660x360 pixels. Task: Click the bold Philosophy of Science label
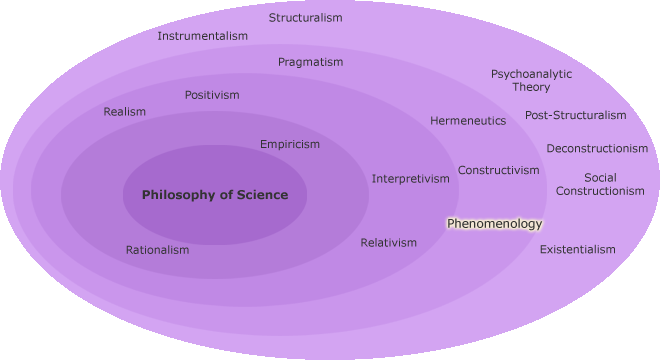(x=214, y=195)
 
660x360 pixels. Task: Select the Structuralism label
(x=305, y=18)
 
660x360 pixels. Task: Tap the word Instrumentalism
(x=202, y=36)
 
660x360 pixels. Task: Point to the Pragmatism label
(x=310, y=62)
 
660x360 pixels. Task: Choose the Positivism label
(x=212, y=95)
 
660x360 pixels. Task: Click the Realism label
(x=124, y=112)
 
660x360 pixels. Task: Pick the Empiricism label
(x=290, y=144)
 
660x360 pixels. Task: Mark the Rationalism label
(x=157, y=250)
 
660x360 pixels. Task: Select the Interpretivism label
(x=411, y=179)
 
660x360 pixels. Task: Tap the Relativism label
(x=388, y=243)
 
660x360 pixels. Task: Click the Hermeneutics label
(x=468, y=121)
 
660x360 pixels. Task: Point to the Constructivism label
(x=498, y=170)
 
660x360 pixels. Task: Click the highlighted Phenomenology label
(x=494, y=224)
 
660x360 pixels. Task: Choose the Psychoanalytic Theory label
(x=531, y=80)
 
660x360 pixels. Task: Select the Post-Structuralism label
(x=575, y=115)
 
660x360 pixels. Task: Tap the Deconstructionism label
(x=597, y=149)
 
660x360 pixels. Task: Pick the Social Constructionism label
(x=600, y=184)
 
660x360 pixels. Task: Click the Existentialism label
(x=577, y=250)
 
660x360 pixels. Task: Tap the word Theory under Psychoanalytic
(x=531, y=87)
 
